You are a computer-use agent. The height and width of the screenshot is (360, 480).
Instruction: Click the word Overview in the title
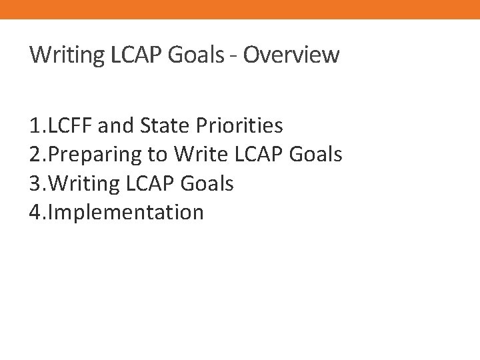click(291, 55)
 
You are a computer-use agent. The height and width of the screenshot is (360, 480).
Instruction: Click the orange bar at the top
click(240, 9)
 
